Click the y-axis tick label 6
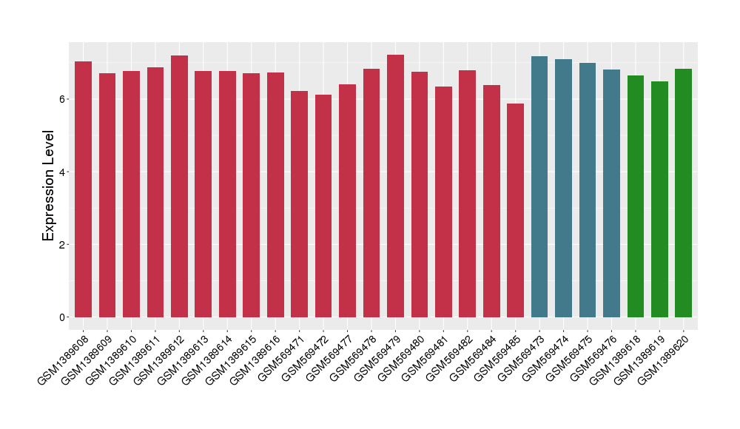[63, 99]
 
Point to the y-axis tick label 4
[63, 172]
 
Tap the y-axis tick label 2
[63, 245]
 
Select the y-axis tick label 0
[63, 317]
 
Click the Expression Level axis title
[49, 186]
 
